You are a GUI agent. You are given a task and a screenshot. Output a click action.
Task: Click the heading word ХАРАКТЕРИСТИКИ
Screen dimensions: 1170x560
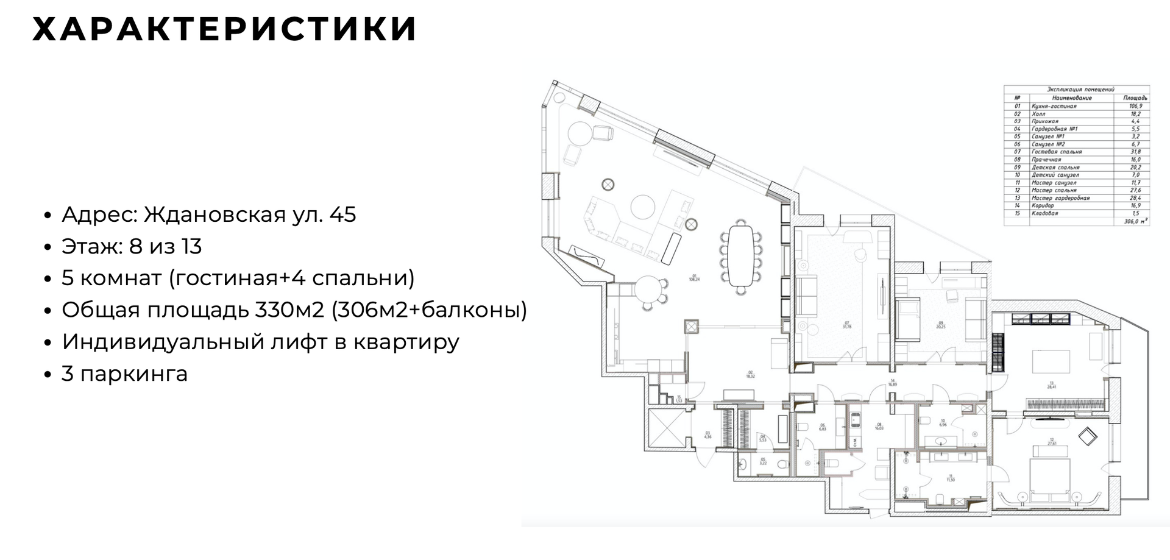tap(224, 29)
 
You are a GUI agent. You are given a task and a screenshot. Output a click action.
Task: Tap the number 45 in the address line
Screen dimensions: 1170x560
tap(342, 214)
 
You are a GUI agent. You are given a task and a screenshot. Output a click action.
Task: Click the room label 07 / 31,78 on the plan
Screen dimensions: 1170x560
tap(846, 325)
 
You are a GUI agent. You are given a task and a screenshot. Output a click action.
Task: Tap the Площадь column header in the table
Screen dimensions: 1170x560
tap(1135, 97)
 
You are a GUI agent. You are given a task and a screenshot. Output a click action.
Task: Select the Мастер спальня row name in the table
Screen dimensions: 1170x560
tap(1054, 190)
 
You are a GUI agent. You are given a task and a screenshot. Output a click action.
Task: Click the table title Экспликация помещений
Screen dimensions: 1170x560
tap(1076, 89)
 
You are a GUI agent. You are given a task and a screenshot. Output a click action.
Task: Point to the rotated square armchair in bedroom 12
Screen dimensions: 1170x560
tap(1087, 436)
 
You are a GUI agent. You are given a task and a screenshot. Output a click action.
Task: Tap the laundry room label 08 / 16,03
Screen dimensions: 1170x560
tap(879, 426)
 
